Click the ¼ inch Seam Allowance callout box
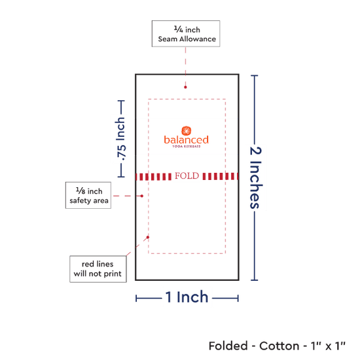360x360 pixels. tap(186, 34)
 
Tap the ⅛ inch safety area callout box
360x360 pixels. tap(88, 196)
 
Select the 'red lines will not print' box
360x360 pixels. tap(98, 269)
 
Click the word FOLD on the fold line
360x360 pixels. tap(187, 176)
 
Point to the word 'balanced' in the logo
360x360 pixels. tap(186, 139)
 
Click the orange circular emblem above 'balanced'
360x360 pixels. tap(187, 131)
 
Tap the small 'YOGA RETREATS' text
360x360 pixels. tap(187, 146)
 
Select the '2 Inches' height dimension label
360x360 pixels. tap(255, 177)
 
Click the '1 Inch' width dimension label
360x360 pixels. tap(187, 297)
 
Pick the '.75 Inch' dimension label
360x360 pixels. tap(121, 139)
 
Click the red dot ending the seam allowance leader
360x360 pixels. tap(185, 87)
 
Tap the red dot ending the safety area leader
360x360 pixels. tap(142, 196)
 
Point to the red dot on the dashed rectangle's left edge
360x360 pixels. tap(148, 237)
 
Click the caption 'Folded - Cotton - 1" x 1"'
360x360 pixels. tap(277, 346)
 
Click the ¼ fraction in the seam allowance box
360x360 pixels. tap(179, 29)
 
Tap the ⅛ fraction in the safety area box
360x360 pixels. tap(81, 190)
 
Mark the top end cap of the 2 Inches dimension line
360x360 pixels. tap(255, 75)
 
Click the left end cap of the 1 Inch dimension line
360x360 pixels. tap(136, 298)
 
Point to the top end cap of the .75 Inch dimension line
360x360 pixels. tap(121, 101)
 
